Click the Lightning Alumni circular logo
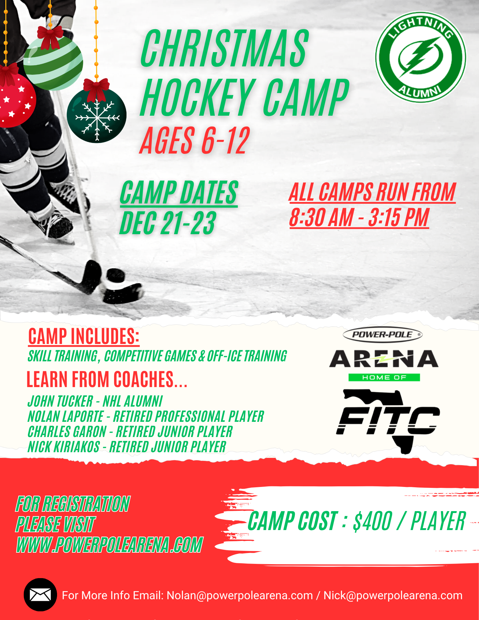click(x=420, y=57)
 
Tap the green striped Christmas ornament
click(x=53, y=62)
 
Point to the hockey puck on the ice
click(x=116, y=275)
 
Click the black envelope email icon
click(x=40, y=595)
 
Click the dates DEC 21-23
click(x=168, y=223)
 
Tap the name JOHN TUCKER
click(x=60, y=401)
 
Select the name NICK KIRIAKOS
click(x=64, y=447)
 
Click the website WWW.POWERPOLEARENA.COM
click(x=109, y=545)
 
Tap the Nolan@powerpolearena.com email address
click(x=240, y=595)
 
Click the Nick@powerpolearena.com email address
click(x=393, y=595)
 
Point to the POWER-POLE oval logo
click(x=383, y=335)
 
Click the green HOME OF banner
click(x=384, y=377)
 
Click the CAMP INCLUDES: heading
click(x=84, y=336)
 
